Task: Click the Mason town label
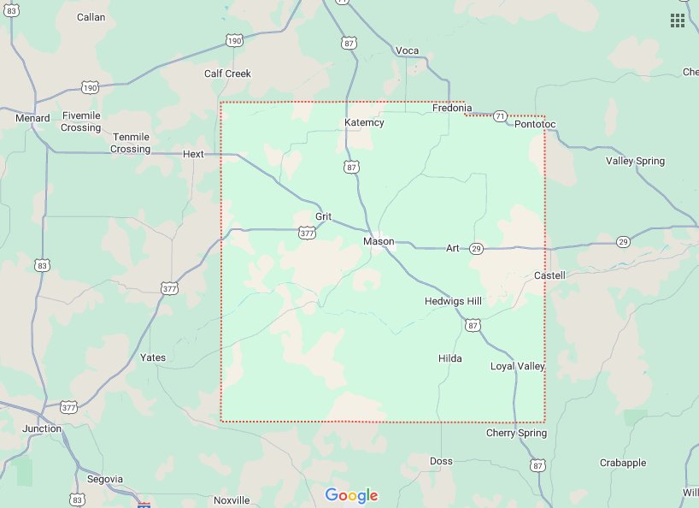pos(379,241)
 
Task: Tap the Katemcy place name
pos(364,122)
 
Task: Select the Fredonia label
pos(452,108)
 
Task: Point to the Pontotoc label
pos(535,125)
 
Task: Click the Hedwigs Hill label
pos(453,301)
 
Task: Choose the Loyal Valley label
pos(517,366)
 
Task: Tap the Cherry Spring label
pos(516,434)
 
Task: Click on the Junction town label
pos(42,428)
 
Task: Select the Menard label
pos(32,118)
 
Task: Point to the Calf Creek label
pos(227,74)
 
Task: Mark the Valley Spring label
pos(635,161)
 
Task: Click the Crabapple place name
pos(623,463)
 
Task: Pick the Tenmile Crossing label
pos(131,143)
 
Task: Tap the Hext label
pos(194,154)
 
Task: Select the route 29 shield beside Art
pos(476,248)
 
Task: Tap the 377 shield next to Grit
pos(306,232)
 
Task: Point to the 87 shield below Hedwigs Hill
pos(473,325)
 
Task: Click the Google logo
pos(351,495)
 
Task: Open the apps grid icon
pos(678,21)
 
